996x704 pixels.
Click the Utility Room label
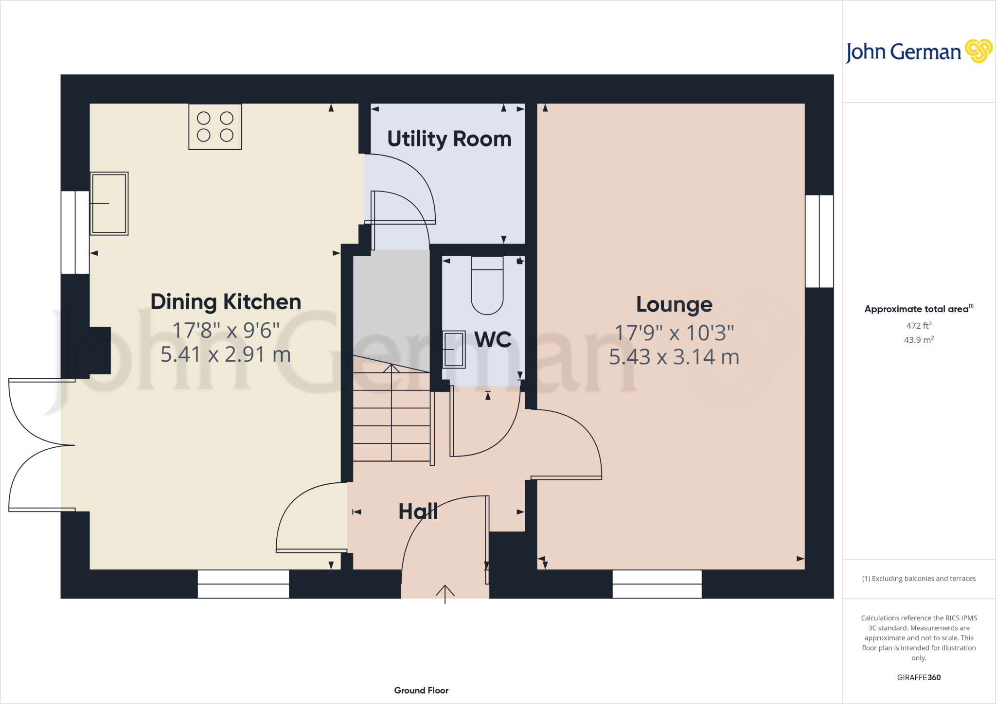(449, 139)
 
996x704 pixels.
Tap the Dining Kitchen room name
(226, 302)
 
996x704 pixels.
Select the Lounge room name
(674, 305)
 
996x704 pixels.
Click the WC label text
(493, 339)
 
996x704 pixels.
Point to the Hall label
(418, 511)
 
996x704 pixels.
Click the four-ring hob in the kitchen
(215, 126)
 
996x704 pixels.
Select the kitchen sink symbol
(109, 203)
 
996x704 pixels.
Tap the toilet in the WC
(487, 286)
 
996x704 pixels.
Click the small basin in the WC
(454, 349)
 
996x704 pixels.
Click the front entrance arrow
(445, 593)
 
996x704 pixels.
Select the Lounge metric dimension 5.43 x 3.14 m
(674, 357)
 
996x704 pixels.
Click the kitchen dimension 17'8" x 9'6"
(226, 331)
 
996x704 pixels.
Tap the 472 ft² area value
(918, 326)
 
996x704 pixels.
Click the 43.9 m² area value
(918, 340)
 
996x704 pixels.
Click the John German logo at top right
(918, 52)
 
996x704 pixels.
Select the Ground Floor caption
(421, 690)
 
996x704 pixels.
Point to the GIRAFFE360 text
(918, 677)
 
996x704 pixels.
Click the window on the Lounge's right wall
(819, 241)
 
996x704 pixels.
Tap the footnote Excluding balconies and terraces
(918, 579)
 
